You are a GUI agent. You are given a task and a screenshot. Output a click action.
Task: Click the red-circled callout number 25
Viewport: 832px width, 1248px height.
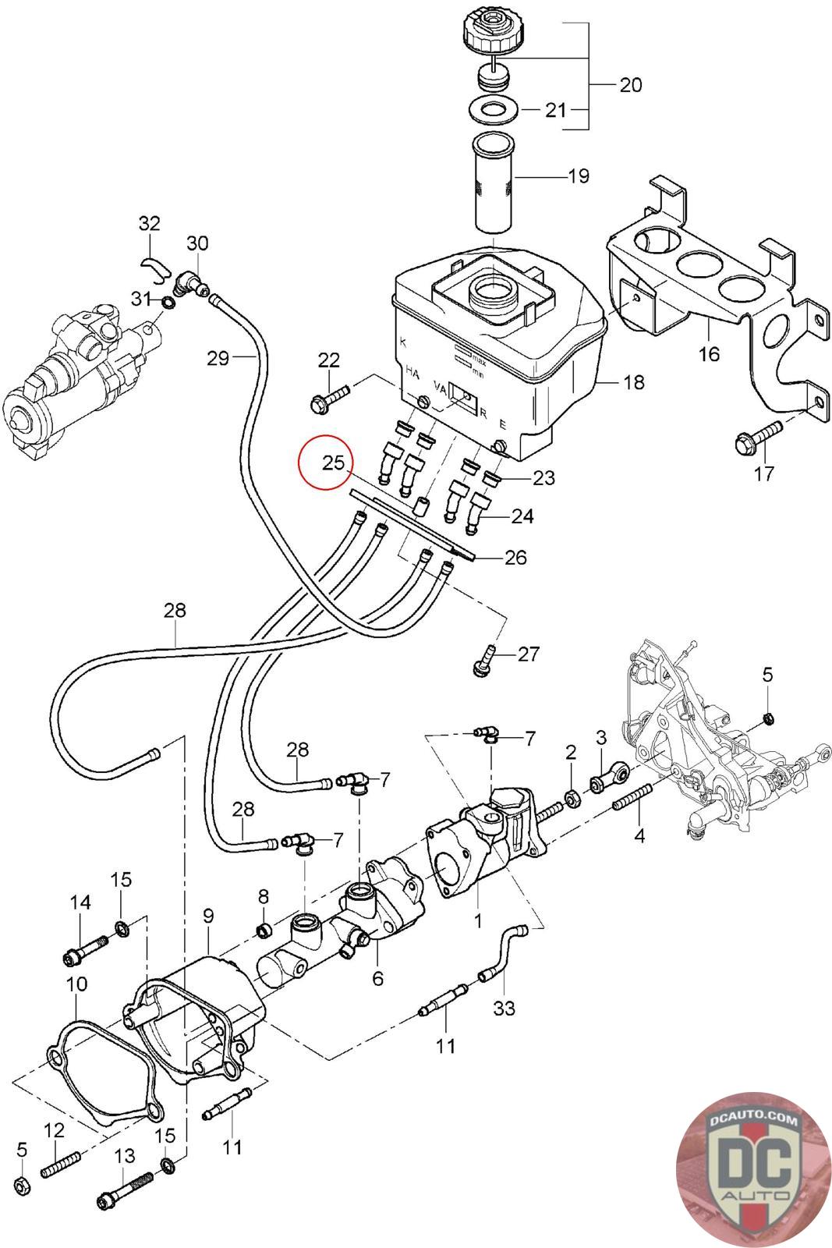pyautogui.click(x=333, y=463)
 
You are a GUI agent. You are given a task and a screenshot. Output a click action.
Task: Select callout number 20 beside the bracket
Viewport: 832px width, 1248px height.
pyautogui.click(x=630, y=84)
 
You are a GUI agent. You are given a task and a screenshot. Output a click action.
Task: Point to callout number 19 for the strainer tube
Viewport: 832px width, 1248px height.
pyautogui.click(x=578, y=176)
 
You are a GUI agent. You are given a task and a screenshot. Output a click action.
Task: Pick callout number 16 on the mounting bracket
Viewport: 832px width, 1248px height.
pyautogui.click(x=709, y=353)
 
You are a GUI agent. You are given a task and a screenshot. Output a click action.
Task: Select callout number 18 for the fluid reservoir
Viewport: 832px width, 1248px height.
pyautogui.click(x=634, y=382)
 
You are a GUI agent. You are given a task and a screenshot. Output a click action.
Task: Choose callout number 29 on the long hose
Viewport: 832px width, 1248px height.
pyautogui.click(x=218, y=358)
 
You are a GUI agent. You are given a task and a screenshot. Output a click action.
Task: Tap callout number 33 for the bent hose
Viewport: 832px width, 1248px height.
pyautogui.click(x=505, y=1008)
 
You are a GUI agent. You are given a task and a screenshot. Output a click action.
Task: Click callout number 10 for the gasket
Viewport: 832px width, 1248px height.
pyautogui.click(x=76, y=985)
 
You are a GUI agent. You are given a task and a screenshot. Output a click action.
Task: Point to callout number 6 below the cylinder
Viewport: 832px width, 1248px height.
pyautogui.click(x=378, y=977)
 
